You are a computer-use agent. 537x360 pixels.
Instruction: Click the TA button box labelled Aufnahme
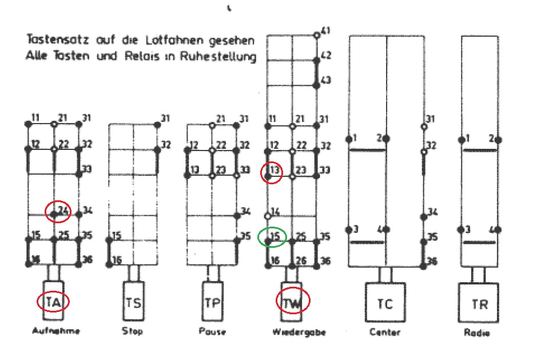pyautogui.click(x=54, y=301)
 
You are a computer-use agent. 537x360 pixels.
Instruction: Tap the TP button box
pyautogui.click(x=212, y=301)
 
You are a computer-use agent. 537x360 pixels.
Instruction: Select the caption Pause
pyautogui.click(x=212, y=331)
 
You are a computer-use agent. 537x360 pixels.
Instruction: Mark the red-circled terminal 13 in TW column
pyautogui.click(x=272, y=171)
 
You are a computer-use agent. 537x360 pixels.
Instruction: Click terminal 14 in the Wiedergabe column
pyautogui.click(x=275, y=212)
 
